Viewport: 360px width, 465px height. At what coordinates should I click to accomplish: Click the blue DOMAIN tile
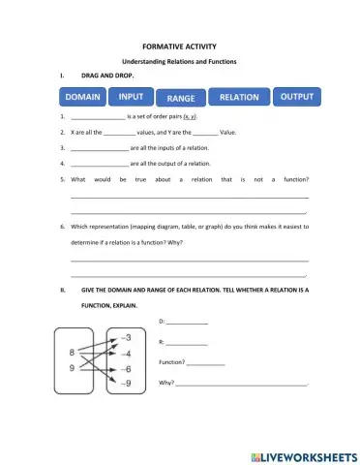(x=83, y=98)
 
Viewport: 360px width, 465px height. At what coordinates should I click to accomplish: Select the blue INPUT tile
(x=133, y=97)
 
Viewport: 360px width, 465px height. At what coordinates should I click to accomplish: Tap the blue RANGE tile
(x=181, y=99)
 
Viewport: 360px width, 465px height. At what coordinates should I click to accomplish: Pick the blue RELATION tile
(x=239, y=98)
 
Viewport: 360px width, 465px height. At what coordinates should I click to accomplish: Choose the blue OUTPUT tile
(x=297, y=97)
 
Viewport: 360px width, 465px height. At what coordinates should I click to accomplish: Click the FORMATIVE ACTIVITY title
(x=179, y=46)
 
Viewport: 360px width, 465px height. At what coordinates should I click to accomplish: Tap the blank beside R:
(x=187, y=342)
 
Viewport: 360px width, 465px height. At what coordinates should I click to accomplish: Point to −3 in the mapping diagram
(x=125, y=337)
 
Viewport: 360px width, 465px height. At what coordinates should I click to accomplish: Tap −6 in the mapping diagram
(x=125, y=369)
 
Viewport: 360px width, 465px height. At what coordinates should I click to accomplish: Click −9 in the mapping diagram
(x=125, y=385)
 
